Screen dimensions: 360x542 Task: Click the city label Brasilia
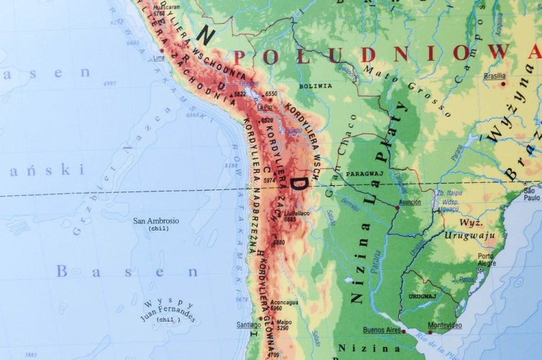(x=494, y=75)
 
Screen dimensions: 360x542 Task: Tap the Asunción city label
(x=410, y=202)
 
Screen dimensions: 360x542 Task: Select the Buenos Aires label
(x=382, y=330)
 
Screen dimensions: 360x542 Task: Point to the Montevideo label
(x=444, y=325)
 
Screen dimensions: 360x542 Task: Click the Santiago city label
(x=249, y=325)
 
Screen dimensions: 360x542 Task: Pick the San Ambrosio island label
(x=155, y=220)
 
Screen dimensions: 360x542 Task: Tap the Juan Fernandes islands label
(x=168, y=312)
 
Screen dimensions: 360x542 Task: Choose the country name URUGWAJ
(x=421, y=296)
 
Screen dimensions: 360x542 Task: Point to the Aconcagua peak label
(x=285, y=303)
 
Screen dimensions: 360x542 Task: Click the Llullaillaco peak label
(x=296, y=213)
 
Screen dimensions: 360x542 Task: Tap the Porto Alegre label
(x=486, y=260)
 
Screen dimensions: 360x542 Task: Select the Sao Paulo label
(x=532, y=194)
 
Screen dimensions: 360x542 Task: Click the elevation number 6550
(x=271, y=94)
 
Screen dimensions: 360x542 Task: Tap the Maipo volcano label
(x=283, y=322)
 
